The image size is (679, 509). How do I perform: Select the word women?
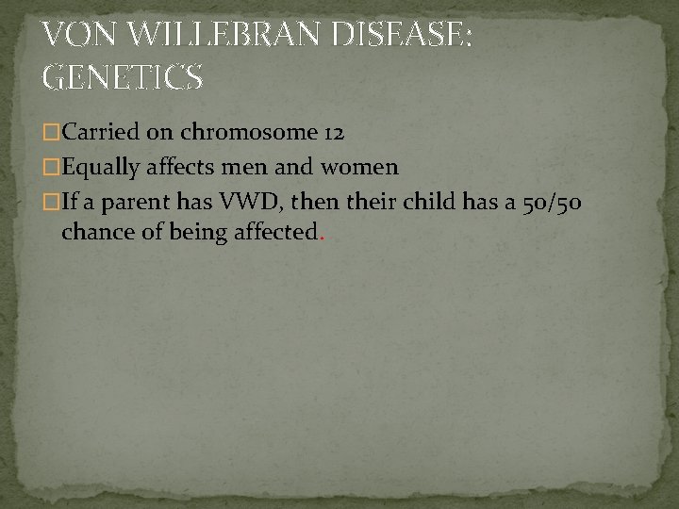pyautogui.click(x=365, y=168)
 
